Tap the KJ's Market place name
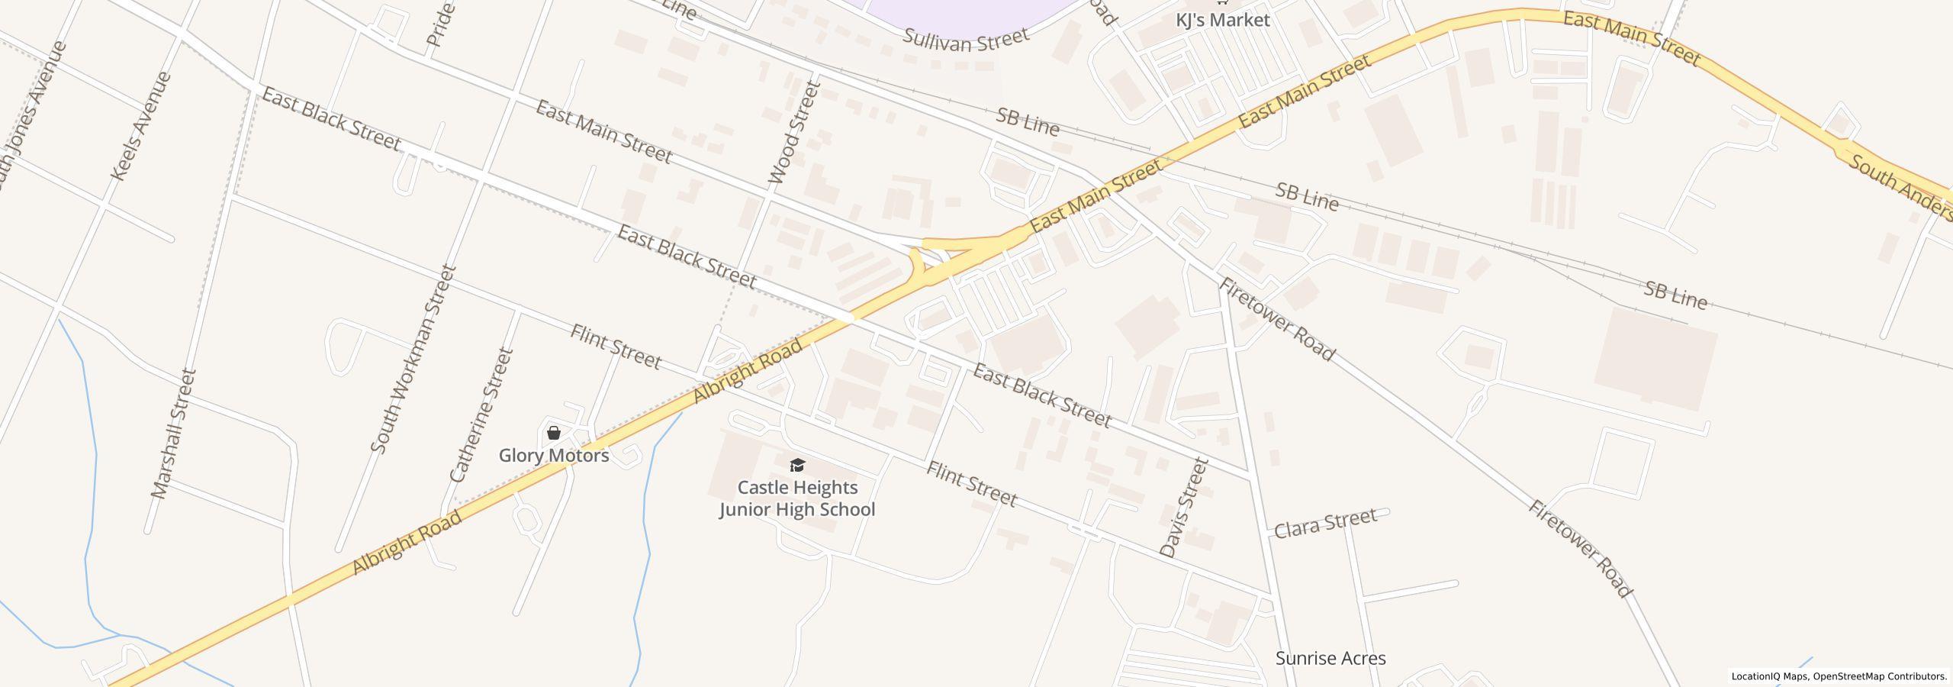pos(1222,21)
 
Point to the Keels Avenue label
pos(140,126)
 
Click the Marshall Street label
pos(174,434)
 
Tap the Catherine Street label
pos(482,415)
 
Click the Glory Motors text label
pos(554,456)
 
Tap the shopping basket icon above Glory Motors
pos(554,434)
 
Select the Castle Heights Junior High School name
pos(797,498)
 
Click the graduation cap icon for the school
pos(797,465)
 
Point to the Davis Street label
pos(1183,508)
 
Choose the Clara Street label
pos(1326,522)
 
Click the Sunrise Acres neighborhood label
pos(1330,658)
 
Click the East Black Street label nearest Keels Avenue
pos(331,119)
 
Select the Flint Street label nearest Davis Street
pos(971,484)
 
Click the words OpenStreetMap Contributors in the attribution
pos(1880,676)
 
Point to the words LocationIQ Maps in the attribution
pos(1769,676)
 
